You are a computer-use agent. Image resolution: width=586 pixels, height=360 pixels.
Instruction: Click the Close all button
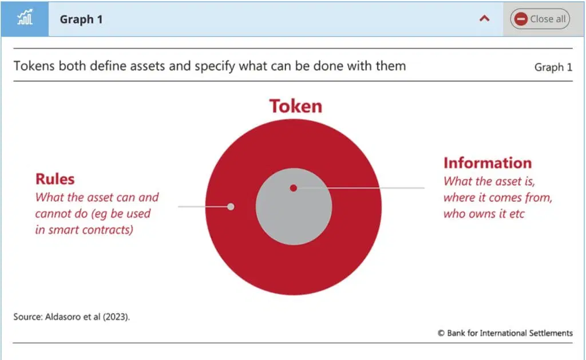tap(540, 19)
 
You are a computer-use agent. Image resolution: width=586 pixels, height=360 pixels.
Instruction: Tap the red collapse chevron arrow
tap(484, 18)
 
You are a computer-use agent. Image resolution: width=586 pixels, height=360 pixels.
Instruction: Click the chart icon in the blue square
tap(25, 18)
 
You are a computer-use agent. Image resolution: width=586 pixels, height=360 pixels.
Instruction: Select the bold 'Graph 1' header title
tap(81, 19)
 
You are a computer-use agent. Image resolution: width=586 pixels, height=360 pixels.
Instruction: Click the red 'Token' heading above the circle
tap(296, 106)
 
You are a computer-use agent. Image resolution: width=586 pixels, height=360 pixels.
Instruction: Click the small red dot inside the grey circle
tap(294, 188)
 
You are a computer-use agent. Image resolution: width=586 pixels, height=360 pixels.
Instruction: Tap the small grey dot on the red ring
tap(231, 207)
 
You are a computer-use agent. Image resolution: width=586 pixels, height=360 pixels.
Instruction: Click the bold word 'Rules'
tap(55, 179)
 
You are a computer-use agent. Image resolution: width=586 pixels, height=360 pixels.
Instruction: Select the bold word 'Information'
tap(488, 163)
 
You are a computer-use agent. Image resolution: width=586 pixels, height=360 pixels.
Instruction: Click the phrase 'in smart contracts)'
tap(84, 230)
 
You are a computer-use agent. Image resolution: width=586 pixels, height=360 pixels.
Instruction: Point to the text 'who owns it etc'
tap(484, 213)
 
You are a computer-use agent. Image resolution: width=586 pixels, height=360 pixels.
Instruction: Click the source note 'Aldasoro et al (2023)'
tap(87, 317)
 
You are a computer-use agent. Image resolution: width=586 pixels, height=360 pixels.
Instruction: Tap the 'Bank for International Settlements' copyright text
tap(510, 333)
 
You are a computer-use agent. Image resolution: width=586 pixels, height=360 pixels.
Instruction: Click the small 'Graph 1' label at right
tap(553, 67)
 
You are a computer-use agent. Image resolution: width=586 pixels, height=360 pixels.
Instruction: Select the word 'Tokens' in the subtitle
tap(34, 66)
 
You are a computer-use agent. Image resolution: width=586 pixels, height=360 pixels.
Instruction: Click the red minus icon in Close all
tap(521, 19)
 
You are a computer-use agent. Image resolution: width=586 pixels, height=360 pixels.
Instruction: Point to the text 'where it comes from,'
tap(498, 197)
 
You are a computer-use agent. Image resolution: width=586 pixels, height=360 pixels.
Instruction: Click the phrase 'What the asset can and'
tap(97, 197)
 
